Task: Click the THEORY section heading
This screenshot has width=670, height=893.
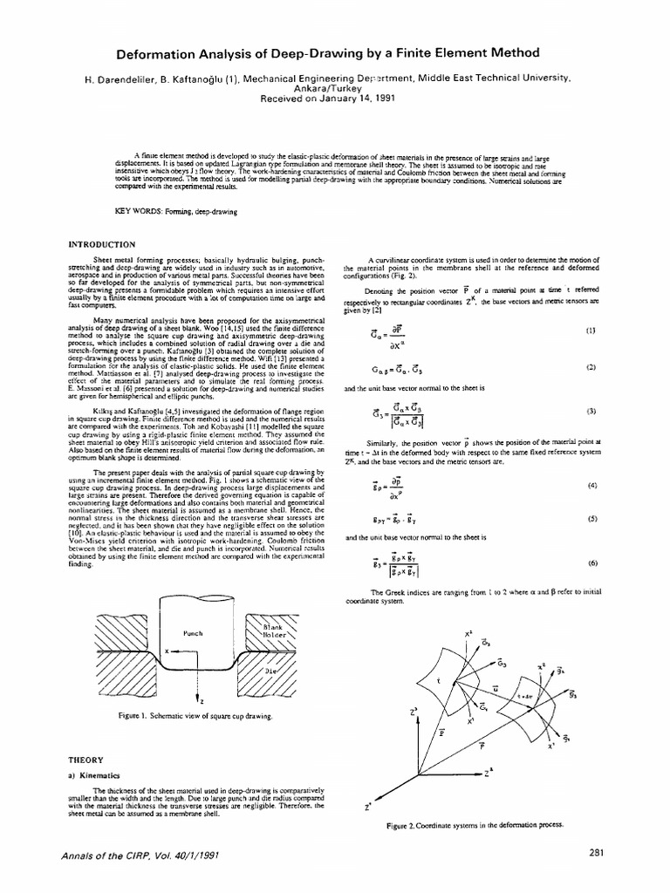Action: point(86,758)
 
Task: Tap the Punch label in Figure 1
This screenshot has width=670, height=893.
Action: point(192,632)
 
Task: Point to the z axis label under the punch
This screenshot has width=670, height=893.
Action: point(202,699)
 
